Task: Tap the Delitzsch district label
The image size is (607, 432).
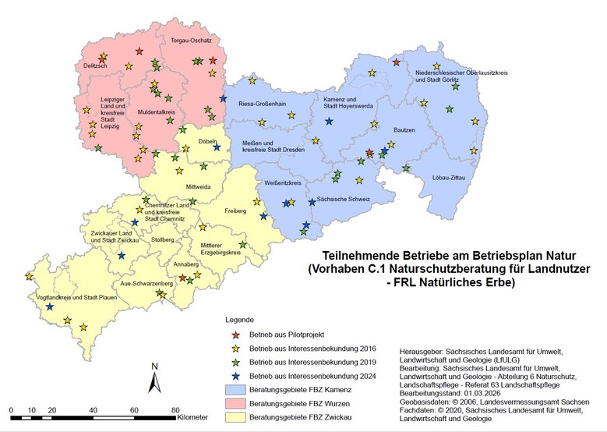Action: point(96,66)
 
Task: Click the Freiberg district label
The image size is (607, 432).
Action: point(235,211)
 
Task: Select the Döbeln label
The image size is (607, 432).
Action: point(207,141)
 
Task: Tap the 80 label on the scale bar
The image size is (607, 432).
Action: point(175,409)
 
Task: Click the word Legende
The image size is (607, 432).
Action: point(239,320)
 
